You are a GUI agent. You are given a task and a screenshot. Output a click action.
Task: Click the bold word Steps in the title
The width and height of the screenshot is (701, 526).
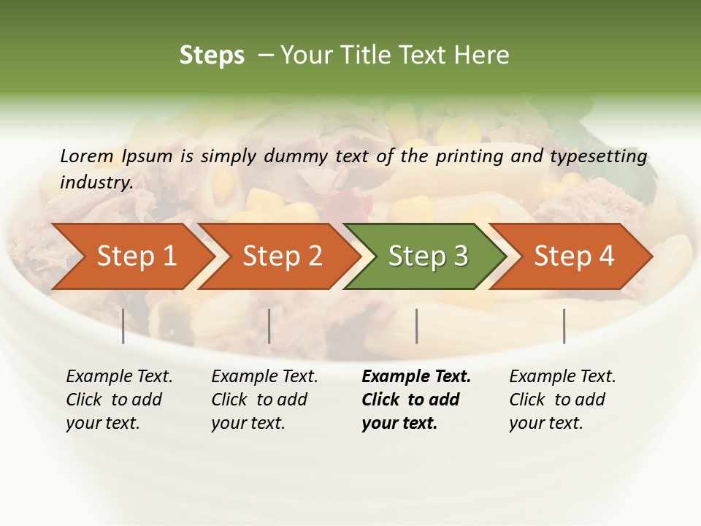coord(212,56)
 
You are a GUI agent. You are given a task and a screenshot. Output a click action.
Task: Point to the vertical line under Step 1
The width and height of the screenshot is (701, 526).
coord(123,326)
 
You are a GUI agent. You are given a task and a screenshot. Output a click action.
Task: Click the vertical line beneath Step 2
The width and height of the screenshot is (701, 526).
coord(269,326)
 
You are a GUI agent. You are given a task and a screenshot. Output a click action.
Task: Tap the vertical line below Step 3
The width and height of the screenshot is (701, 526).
coord(416,326)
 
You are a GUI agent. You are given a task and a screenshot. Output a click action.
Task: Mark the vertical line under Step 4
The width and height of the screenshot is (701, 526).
coord(564,326)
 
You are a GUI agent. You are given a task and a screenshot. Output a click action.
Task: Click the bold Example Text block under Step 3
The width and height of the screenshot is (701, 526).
coord(415,400)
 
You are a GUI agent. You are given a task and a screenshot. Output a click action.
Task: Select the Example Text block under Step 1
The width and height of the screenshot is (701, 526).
coord(119,400)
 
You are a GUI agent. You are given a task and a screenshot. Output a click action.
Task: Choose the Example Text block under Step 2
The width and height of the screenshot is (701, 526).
coord(264,400)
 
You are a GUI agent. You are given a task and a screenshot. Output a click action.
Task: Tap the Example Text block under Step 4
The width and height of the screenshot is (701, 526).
coord(562,400)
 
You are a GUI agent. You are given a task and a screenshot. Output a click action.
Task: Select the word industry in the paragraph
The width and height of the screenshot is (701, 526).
coord(96,182)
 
